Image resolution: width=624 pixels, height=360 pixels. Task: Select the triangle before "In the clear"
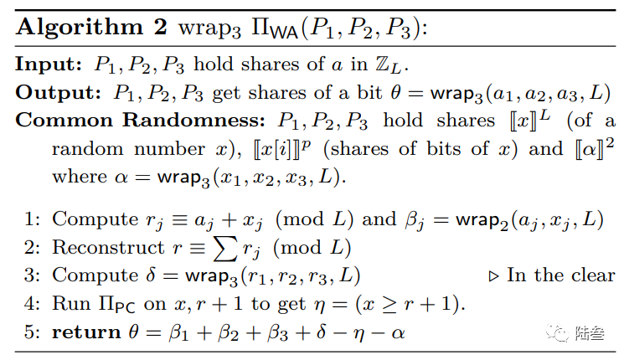(x=492, y=275)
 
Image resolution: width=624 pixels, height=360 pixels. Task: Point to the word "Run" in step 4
(x=70, y=304)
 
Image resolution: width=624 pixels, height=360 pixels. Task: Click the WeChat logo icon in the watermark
(x=556, y=332)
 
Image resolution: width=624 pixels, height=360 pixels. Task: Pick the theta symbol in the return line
(x=135, y=332)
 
